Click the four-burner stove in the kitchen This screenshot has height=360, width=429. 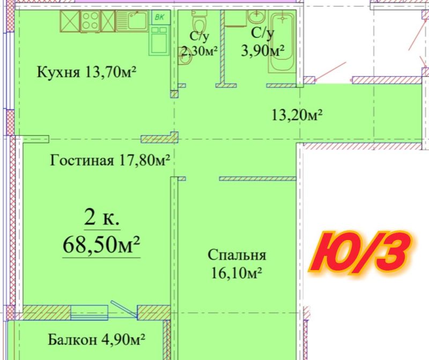tap(90, 21)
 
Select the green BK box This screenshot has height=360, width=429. tap(160, 17)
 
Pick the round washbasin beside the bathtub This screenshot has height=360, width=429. tap(256, 17)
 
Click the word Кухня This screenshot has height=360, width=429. tap(58, 72)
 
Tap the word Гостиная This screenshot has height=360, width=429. tap(82, 160)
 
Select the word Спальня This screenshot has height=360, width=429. tap(236, 255)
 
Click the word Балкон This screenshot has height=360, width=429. tap(72, 340)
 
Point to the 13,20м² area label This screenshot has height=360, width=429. tap(297, 115)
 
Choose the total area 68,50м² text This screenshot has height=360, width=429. tap(101, 245)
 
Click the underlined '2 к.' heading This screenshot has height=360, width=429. tap(102, 217)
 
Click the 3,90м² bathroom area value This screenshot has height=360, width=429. tap(262, 50)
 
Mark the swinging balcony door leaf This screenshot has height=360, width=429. tap(124, 309)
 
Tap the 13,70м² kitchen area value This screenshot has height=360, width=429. tap(110, 72)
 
